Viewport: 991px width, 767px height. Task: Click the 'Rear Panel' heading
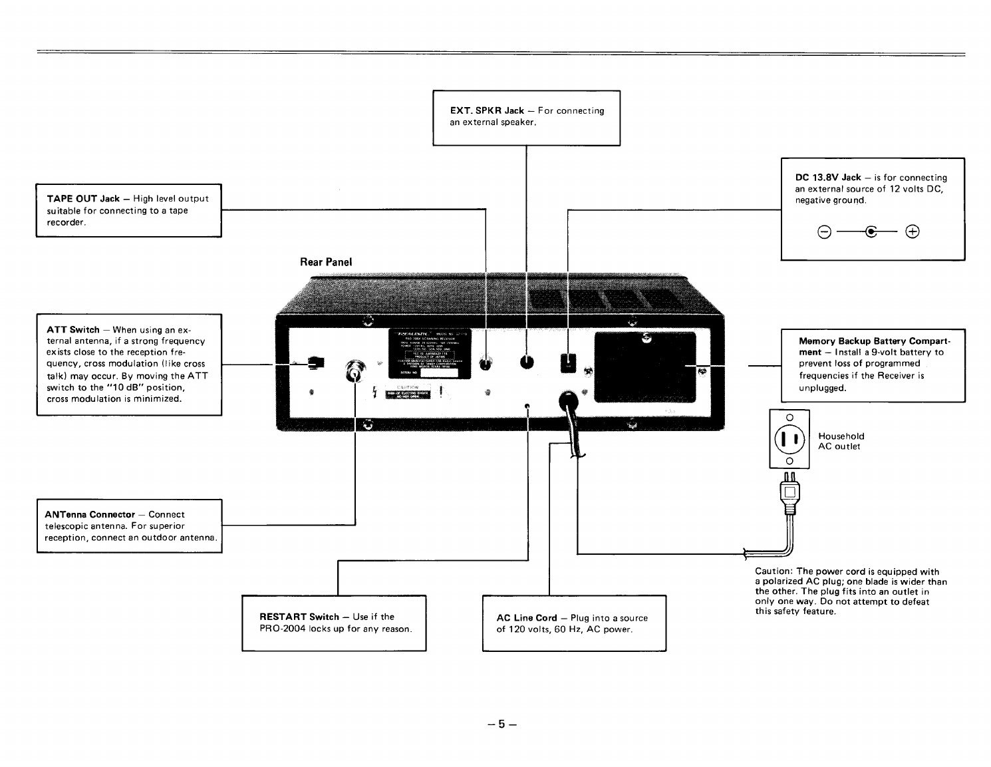(326, 262)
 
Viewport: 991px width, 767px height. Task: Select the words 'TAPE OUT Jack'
(83, 199)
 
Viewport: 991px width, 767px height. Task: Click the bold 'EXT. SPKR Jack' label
(487, 111)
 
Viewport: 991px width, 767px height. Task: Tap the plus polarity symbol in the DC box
(913, 232)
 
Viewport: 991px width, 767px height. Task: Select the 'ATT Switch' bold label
(73, 330)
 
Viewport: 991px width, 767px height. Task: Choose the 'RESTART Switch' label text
(299, 617)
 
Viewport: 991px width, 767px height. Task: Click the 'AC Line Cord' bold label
(527, 618)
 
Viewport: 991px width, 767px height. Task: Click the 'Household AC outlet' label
(841, 441)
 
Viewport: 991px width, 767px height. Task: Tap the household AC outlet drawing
(789, 439)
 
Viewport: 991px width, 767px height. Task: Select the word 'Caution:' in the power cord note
(774, 571)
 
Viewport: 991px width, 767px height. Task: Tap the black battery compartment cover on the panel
(644, 367)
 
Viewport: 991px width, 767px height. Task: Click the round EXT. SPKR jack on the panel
(527, 363)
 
